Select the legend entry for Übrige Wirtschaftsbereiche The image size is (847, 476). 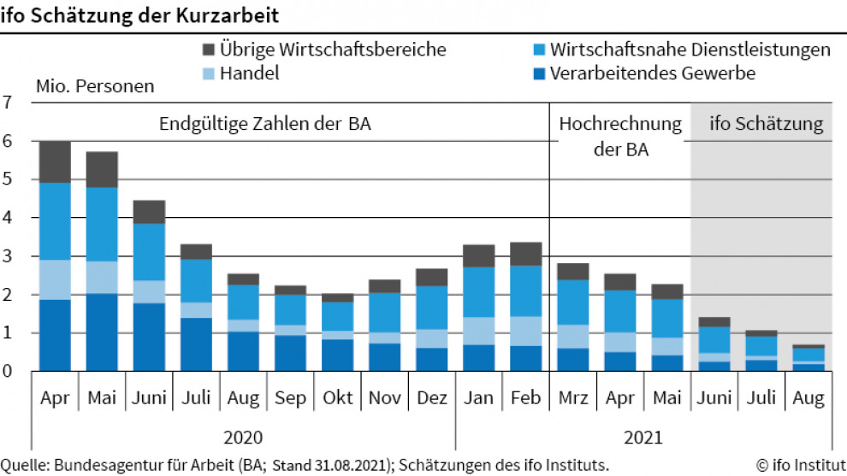tap(324, 50)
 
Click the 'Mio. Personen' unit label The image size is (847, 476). tap(95, 86)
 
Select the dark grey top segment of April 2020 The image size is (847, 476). tap(55, 162)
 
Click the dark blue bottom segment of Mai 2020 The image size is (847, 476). tap(102, 332)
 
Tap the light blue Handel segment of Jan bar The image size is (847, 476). tap(478, 331)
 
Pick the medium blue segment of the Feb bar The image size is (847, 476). tap(525, 291)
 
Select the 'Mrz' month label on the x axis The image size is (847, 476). tap(572, 398)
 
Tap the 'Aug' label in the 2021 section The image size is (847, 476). tap(808, 398)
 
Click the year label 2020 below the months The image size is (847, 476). tap(243, 438)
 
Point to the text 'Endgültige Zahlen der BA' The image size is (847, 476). tap(265, 125)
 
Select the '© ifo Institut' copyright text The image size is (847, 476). tap(799, 465)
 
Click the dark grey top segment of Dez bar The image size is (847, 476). tap(431, 277)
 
